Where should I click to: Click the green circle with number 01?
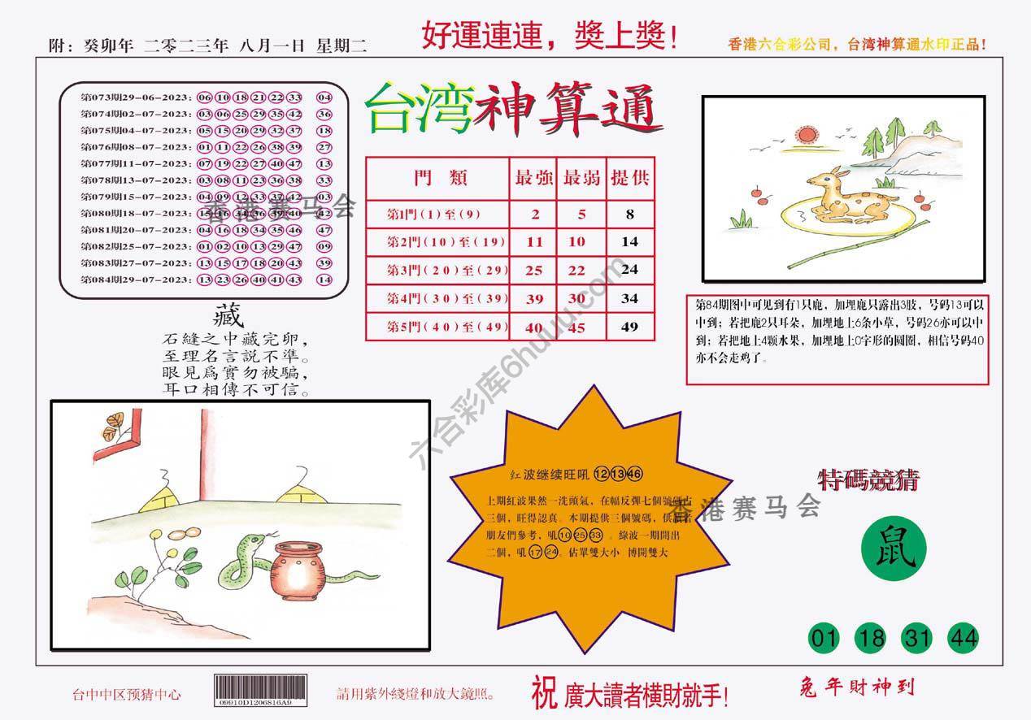coord(825,639)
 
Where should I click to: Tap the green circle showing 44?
coord(963,639)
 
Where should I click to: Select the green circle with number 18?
coord(871,639)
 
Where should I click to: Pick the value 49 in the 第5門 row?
coord(629,327)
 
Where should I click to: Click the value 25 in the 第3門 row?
coord(534,270)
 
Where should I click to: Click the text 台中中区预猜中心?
coord(127,695)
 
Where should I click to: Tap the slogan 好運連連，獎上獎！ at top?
coord(550,37)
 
